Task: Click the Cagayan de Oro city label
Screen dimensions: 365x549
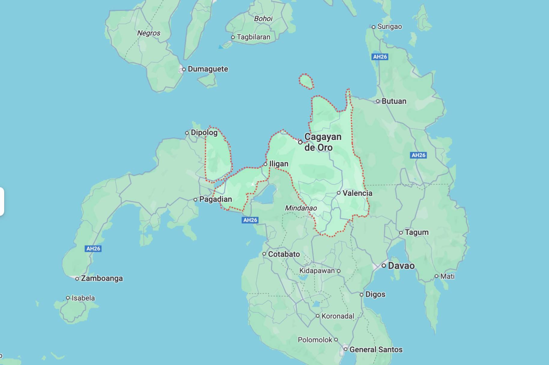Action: pos(323,142)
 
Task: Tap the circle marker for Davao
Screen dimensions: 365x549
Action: pos(384,266)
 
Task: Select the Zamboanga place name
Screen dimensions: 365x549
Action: pos(102,279)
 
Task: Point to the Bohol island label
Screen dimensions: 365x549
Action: pos(263,19)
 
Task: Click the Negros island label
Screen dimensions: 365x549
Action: pos(149,33)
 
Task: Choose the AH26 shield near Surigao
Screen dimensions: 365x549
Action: pos(380,57)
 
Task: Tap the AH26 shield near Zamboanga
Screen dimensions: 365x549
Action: pos(93,249)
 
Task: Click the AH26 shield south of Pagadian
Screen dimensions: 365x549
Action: pos(250,220)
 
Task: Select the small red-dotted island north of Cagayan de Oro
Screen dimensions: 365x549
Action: pos(306,81)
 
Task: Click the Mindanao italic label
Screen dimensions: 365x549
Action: pos(301,208)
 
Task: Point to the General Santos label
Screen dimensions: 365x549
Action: pos(376,350)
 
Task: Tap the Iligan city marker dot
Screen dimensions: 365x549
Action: pos(265,164)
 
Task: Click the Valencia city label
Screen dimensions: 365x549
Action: pos(357,193)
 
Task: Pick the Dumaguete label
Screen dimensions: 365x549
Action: pos(208,69)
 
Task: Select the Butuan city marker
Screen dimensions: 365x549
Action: pos(378,101)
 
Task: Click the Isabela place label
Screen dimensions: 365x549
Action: pos(83,298)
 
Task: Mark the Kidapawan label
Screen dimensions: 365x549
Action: pos(317,271)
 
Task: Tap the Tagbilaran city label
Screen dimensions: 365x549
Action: pos(253,37)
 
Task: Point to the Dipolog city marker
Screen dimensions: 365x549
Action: pos(187,133)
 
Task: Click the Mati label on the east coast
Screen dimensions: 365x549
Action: pos(447,276)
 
